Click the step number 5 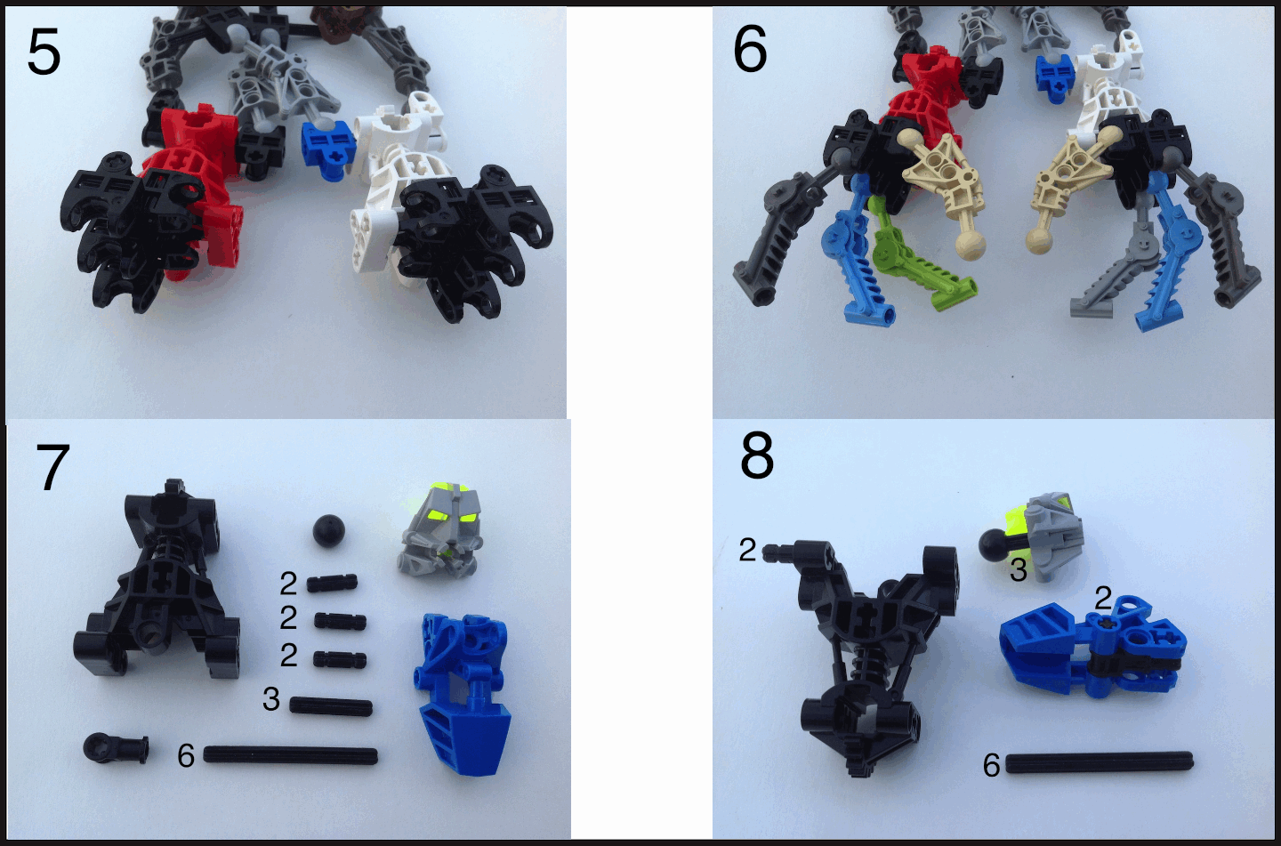(x=44, y=52)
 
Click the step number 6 (x=750, y=51)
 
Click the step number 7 (x=52, y=467)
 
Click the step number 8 (x=757, y=456)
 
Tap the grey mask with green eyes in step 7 (x=440, y=530)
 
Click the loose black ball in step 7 (x=329, y=531)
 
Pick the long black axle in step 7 (x=291, y=755)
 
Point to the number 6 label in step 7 (x=186, y=755)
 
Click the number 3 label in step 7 (x=271, y=699)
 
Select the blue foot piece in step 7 (x=462, y=693)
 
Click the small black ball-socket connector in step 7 (x=116, y=747)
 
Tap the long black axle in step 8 (x=1100, y=761)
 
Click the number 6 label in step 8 (x=991, y=765)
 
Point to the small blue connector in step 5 (x=327, y=148)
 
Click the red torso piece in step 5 (x=195, y=183)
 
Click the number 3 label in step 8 (x=1018, y=570)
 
